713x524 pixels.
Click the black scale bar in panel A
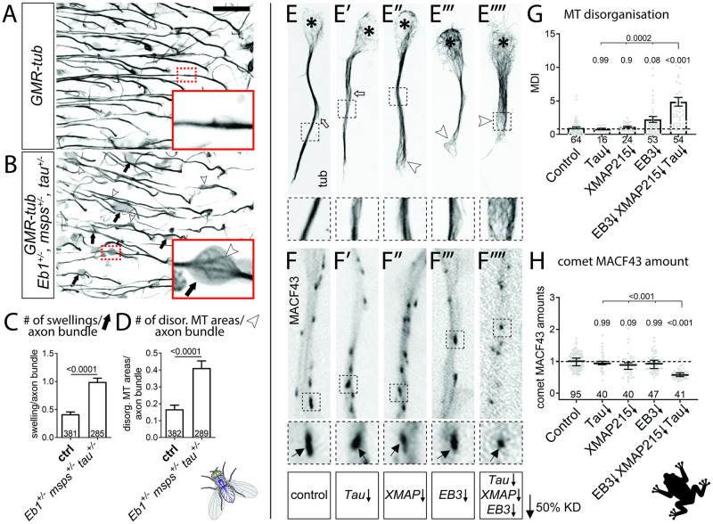point(226,10)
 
